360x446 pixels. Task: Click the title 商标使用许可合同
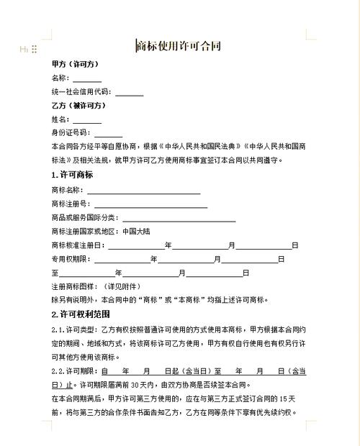179,47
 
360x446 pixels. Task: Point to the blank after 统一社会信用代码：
129,92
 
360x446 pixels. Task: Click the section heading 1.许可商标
72,176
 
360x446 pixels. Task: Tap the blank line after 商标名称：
143,191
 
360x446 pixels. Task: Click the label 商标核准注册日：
78,245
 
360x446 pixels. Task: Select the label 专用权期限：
72,259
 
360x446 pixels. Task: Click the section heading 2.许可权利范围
80,314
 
